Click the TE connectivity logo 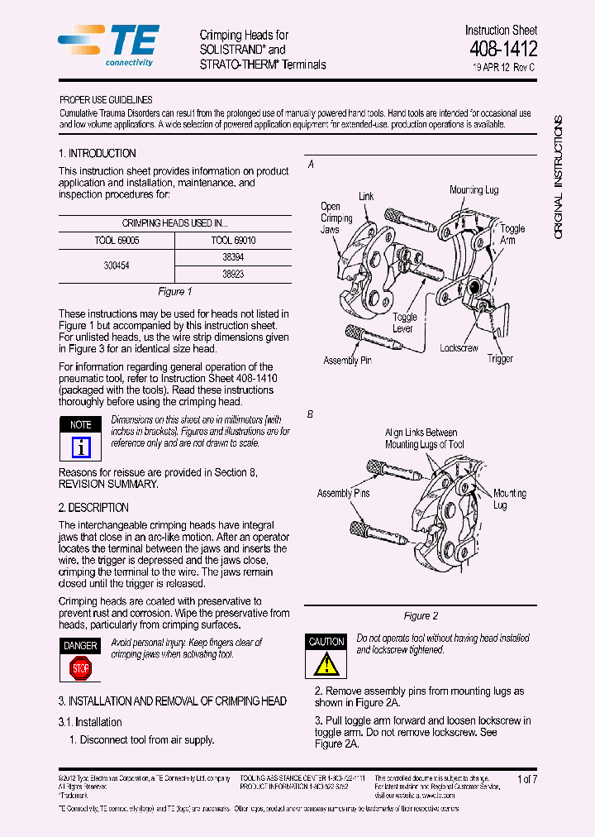point(110,44)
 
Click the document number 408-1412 point(503,49)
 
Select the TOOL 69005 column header point(117,240)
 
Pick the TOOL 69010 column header point(233,240)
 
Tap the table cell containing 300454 point(117,265)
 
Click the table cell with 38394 point(233,257)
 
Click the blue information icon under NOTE point(81,447)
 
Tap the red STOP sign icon point(80,667)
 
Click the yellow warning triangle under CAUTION point(326,664)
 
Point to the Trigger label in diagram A point(500,358)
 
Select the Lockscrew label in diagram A point(459,348)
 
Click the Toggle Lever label point(405,323)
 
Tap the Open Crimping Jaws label point(336,218)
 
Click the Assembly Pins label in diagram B point(344,494)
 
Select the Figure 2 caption point(421,615)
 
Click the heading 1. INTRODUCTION point(98,153)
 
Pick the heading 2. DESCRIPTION point(93,507)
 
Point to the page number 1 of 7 point(526,779)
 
